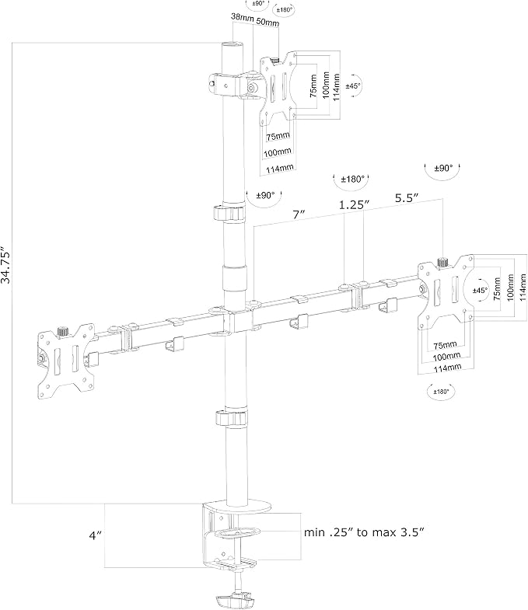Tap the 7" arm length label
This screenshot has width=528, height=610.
coord(299,214)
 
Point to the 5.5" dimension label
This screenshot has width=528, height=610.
coord(407,197)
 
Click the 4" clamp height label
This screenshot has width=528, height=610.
coord(96,535)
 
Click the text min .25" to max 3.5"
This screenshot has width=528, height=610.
coord(364,532)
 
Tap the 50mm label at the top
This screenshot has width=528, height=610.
coord(268,22)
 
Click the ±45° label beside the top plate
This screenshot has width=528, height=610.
coord(354,85)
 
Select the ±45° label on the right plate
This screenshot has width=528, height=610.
coord(480,290)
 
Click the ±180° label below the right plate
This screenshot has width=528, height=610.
coord(441,392)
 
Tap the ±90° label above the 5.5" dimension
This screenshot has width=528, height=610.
coord(443,168)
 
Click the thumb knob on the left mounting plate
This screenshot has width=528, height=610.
coord(62,332)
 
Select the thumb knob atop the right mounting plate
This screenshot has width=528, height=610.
coord(442,262)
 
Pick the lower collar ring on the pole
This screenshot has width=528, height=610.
coord(231,417)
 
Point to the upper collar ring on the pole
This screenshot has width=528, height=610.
coord(229,213)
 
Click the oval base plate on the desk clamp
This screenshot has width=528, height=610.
coord(236,507)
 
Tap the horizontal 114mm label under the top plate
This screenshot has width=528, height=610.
coord(280,169)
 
